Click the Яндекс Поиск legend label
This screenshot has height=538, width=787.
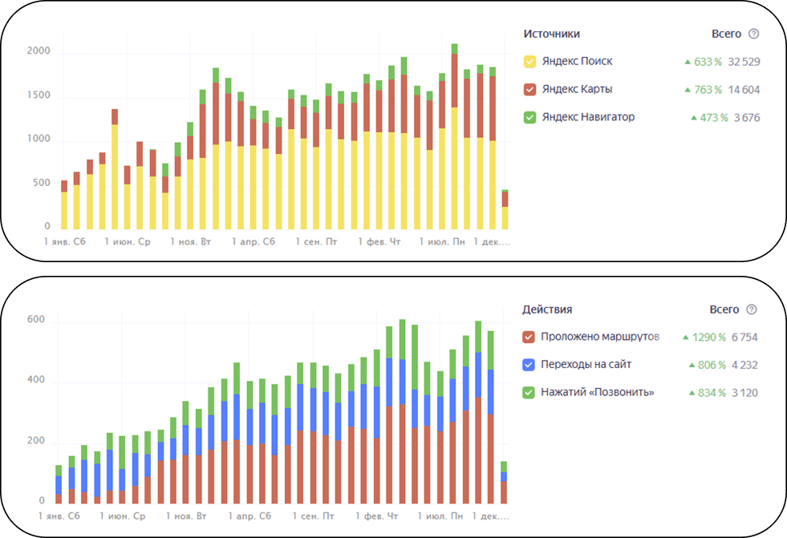pos(577,62)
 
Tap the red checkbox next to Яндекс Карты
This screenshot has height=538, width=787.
pos(529,90)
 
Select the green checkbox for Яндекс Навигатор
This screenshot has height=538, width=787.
pos(529,117)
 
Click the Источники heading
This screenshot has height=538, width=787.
pos(551,34)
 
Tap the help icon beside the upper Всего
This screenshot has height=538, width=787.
pos(753,34)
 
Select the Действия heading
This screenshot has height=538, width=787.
pos(547,309)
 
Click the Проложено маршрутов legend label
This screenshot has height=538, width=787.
pos(599,337)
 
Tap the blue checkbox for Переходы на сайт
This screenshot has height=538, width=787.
pos(529,365)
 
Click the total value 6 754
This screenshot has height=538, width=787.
pos(744,337)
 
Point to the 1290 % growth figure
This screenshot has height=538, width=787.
pos(705,337)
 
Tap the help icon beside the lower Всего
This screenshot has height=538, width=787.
pos(752,309)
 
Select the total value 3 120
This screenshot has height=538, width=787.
pos(744,393)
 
